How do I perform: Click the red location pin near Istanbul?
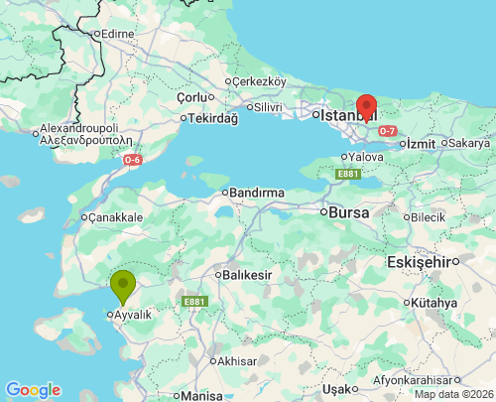tap(366, 107)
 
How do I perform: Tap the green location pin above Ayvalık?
tap(123, 286)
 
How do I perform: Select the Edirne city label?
tap(116, 34)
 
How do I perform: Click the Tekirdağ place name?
tap(214, 118)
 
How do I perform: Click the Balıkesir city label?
tap(245, 274)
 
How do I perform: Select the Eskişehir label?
tap(418, 261)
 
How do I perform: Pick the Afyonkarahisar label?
tap(416, 380)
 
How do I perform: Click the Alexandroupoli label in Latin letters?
tap(79, 129)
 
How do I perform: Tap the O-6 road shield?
tap(133, 160)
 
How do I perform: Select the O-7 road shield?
tap(387, 131)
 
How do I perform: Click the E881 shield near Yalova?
tap(346, 175)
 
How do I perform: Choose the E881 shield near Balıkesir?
tap(193, 300)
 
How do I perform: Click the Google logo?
tap(33, 390)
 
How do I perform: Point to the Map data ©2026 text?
tap(453, 394)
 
